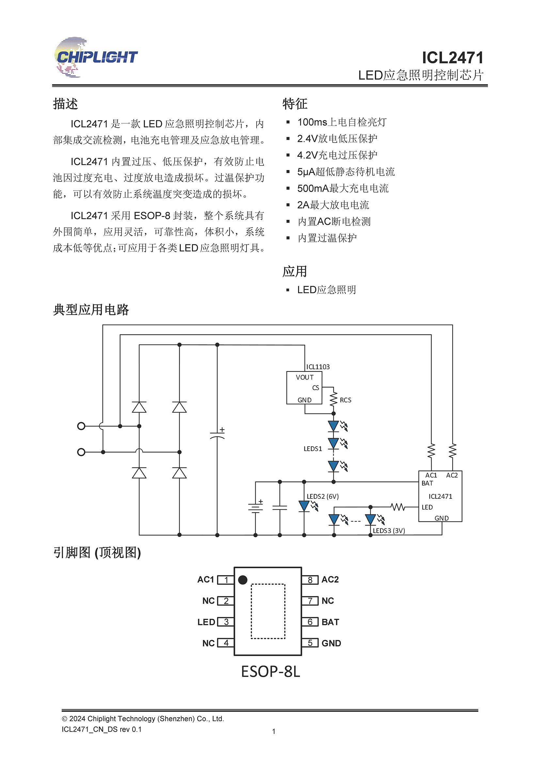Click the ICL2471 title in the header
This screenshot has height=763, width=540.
point(452,58)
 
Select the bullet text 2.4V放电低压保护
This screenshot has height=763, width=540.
point(337,139)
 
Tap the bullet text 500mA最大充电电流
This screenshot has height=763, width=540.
point(342,189)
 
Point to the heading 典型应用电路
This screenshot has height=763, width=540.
point(91,310)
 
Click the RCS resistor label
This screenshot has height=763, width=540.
point(345,400)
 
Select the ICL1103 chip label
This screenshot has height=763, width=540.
point(318,367)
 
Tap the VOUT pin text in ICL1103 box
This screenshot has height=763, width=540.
point(305,377)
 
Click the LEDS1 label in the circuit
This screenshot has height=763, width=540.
point(313,449)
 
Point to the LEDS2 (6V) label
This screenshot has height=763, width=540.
point(323,496)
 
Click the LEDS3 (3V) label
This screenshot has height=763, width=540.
point(389,531)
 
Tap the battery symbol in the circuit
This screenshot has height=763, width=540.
point(255,508)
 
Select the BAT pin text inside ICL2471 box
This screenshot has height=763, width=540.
point(427,483)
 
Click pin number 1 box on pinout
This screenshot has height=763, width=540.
point(226,580)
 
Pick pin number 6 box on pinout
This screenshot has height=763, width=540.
point(310,622)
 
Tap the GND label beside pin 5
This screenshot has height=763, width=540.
point(331,643)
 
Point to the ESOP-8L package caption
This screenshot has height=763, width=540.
point(270,672)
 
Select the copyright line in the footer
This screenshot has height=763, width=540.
point(143,719)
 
